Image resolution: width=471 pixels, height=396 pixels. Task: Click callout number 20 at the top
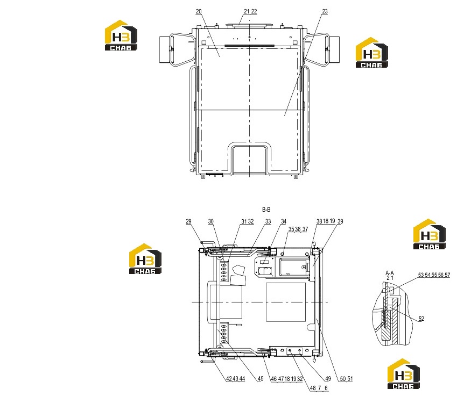coord(199,11)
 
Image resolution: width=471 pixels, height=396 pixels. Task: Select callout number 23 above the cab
coord(325,11)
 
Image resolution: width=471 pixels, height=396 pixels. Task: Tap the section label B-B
coord(266,210)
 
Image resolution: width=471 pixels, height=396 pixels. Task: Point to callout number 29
coord(188,221)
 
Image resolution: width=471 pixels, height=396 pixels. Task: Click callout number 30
coord(210,221)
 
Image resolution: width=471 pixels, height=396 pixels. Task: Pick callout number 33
coord(268,221)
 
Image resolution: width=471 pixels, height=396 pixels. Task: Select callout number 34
coord(284,221)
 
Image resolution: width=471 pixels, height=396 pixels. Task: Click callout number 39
coord(340,221)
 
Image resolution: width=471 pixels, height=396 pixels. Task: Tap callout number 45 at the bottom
coord(260,379)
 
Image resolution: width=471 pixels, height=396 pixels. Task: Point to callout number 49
coord(328,379)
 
